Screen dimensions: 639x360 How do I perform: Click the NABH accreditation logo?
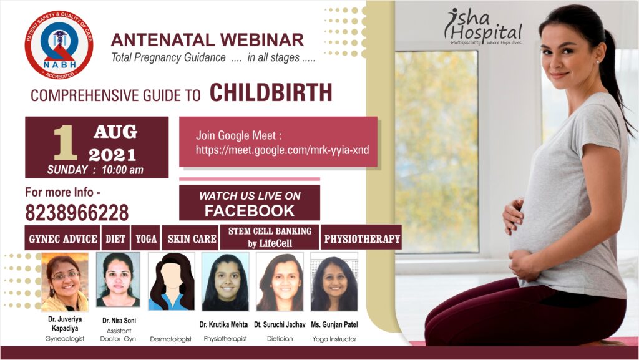pos(59,45)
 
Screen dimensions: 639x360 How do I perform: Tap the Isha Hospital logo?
pos(484,27)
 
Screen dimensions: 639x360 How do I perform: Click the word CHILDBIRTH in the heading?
pos(271,93)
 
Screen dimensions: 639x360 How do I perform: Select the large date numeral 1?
pos(65,142)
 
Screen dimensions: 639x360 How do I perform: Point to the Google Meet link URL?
pos(282,150)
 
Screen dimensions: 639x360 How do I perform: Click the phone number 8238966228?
pos(77,213)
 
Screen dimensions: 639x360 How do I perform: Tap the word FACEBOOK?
pos(250,210)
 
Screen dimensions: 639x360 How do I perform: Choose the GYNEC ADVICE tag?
pos(62,238)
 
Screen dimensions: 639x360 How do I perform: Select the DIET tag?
pos(115,238)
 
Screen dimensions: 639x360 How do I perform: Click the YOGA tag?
pos(145,238)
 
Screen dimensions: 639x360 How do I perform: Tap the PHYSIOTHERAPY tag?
pos(361,238)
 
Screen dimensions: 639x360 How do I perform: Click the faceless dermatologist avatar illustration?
pos(171,281)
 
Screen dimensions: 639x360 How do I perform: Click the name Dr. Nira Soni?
pos(119,321)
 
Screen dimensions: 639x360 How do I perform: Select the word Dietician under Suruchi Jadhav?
pos(280,338)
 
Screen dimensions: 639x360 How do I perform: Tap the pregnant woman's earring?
pos(597,62)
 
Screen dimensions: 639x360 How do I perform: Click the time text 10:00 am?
pos(123,170)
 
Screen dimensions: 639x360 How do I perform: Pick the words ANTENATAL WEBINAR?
pos(207,40)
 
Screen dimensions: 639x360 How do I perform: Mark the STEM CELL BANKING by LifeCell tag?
pos(270,237)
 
